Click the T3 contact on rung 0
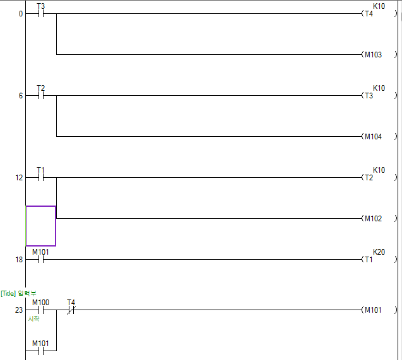41,13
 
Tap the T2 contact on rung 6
41,96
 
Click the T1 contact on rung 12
41,178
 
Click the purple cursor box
40,226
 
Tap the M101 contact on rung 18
41,259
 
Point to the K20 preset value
379,252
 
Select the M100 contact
41,310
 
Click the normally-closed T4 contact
71,310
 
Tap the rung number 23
19,310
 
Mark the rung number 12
19,178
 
